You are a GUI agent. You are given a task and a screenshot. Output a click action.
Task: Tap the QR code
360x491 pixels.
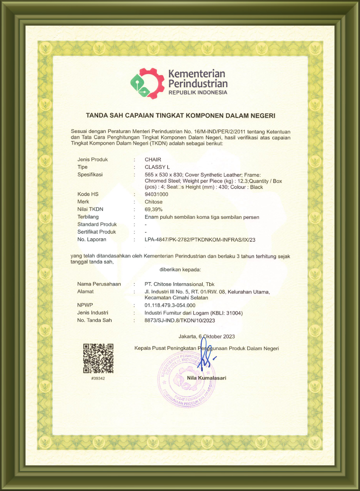pos(98,358)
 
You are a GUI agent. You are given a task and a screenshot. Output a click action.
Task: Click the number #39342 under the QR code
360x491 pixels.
pos(98,378)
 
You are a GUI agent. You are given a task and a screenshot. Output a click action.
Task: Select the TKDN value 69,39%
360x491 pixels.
pos(154,209)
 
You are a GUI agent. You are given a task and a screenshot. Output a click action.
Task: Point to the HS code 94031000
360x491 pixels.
pos(156,194)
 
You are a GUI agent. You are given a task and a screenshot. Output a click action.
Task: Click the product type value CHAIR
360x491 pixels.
pos(153,159)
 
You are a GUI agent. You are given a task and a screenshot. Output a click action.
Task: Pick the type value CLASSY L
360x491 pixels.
pos(157,167)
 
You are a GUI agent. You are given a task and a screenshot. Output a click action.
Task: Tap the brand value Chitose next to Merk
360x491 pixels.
pos(154,202)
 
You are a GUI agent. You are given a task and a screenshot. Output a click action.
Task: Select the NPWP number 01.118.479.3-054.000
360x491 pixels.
pos(170,305)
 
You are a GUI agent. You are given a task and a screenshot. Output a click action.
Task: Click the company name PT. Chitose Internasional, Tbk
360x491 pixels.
pos(179,284)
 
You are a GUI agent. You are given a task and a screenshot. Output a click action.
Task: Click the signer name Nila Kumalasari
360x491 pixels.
pos(206,378)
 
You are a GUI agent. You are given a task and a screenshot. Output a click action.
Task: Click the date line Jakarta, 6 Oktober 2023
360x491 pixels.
pos(206,337)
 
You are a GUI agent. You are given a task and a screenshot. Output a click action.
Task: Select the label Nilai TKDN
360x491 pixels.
pos(90,209)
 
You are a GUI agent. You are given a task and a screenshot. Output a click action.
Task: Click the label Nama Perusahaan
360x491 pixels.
pos(99,284)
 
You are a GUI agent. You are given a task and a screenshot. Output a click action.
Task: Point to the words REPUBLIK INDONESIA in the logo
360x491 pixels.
pos(198,92)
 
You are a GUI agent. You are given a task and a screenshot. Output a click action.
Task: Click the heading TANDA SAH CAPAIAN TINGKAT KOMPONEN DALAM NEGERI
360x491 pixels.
pos(181,115)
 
